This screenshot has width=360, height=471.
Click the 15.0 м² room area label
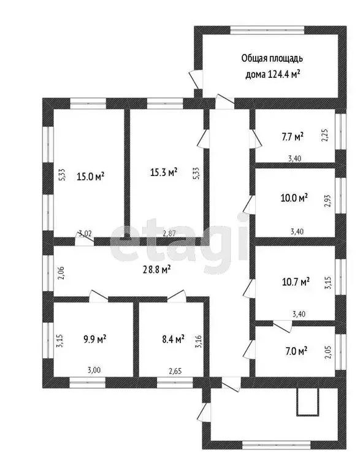pos(90,176)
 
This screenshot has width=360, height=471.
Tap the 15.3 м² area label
pos(164,172)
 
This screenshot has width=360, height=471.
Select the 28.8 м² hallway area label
pos(156,268)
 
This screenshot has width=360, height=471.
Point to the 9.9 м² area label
pos(94,337)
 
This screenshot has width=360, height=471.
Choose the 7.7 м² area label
pos(293,136)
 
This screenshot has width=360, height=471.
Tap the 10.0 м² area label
pos(294,197)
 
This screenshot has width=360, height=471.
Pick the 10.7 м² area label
pos(296,281)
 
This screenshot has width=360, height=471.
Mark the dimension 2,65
pos(176,370)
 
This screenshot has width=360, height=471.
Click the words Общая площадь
pos(272,59)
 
